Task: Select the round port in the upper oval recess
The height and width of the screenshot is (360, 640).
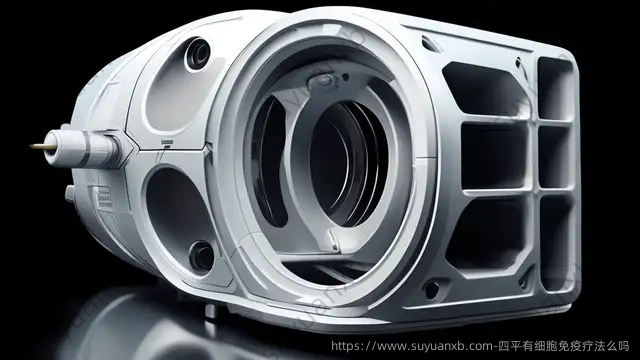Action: [198, 53]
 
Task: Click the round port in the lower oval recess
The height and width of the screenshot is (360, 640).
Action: [202, 256]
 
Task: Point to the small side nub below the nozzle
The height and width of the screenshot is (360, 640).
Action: [70, 193]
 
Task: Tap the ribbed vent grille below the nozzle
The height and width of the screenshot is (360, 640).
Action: [103, 199]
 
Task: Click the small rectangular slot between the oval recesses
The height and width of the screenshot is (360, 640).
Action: [167, 142]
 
